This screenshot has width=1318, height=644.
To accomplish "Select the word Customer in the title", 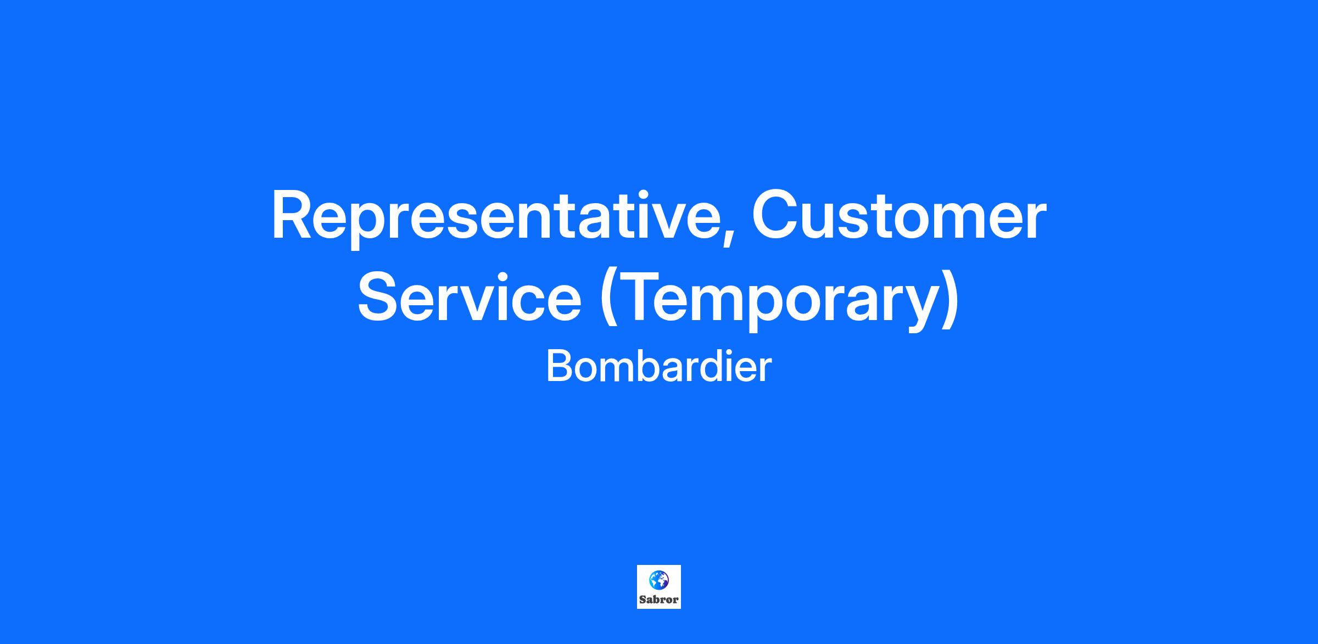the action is click(x=899, y=215).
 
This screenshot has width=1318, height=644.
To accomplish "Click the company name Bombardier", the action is click(x=659, y=367).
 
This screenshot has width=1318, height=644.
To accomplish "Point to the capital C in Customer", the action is click(x=775, y=215).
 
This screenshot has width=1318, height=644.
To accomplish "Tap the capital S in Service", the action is click(x=379, y=297).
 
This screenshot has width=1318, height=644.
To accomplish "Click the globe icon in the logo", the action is click(x=659, y=579).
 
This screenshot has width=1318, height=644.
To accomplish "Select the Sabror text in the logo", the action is click(x=659, y=599).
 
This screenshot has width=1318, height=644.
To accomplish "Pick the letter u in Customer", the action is click(x=824, y=222).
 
